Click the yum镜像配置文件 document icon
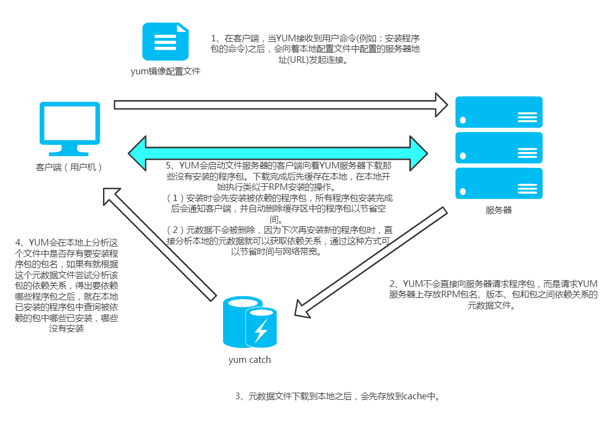click(x=166, y=41)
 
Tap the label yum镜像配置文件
click(x=165, y=72)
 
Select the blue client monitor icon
click(x=69, y=127)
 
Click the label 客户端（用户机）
click(x=69, y=167)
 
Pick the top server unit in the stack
click(x=499, y=112)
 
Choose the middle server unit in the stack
click(x=499, y=148)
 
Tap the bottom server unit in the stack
click(x=499, y=183)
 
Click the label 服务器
click(x=498, y=210)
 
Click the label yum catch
click(x=249, y=360)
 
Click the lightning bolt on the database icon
click(x=261, y=330)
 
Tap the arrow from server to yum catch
click(x=369, y=262)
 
